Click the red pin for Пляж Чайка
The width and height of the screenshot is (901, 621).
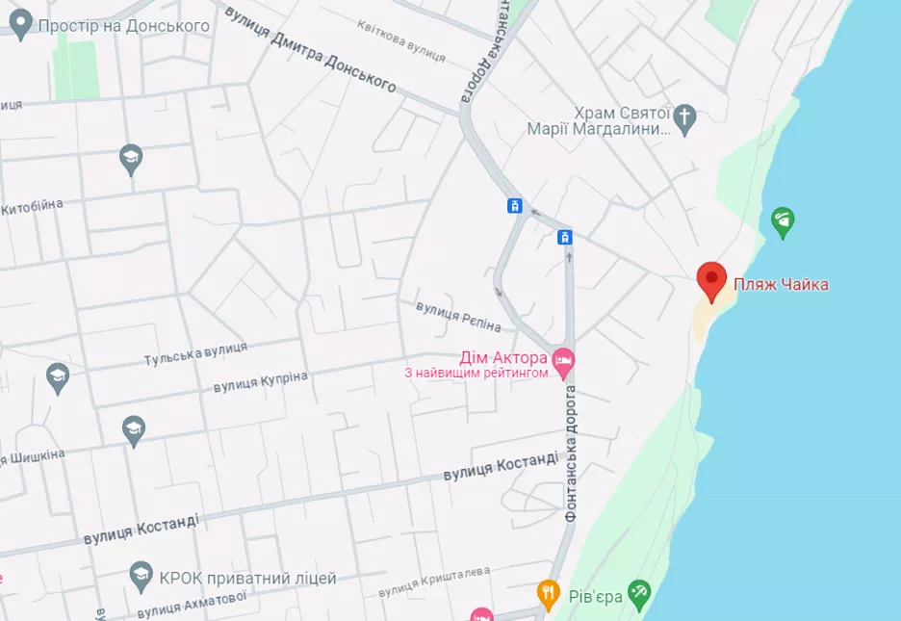(x=711, y=280)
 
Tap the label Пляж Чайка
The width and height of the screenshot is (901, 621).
(x=781, y=284)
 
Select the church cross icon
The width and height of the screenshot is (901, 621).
(x=684, y=117)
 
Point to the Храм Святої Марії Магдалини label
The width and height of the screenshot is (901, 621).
(x=599, y=120)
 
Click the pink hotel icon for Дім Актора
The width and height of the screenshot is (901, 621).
(x=565, y=359)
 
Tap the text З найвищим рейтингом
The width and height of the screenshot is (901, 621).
(x=476, y=373)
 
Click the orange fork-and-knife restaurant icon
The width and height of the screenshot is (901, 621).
(x=548, y=590)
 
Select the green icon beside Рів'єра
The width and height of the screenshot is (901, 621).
(x=638, y=590)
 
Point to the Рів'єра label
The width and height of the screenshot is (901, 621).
(x=594, y=596)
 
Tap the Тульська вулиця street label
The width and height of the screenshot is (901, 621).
(x=195, y=353)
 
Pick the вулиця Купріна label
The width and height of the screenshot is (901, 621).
(x=260, y=381)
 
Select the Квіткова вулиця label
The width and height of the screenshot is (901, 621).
(x=400, y=41)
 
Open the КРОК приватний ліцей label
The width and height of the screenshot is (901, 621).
(x=247, y=579)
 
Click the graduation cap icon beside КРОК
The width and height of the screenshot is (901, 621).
(x=142, y=576)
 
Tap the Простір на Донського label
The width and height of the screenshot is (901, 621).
(x=123, y=25)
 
